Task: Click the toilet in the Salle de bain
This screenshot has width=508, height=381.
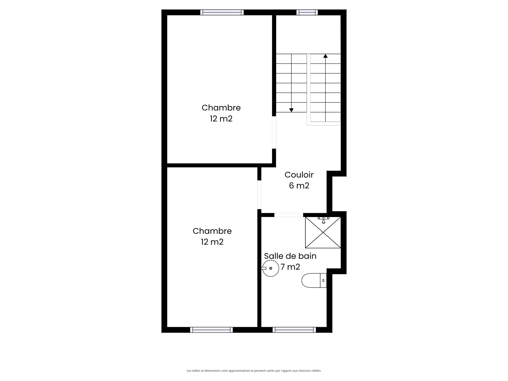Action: click(x=314, y=280)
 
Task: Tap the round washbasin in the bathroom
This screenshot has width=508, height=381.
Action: click(x=271, y=268)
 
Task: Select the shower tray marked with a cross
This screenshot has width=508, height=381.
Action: click(x=323, y=233)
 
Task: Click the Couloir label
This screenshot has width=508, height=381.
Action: click(x=299, y=175)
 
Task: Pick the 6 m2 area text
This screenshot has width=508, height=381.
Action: click(x=299, y=186)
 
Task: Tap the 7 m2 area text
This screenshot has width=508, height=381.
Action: click(x=290, y=267)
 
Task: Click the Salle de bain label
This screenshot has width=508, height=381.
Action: click(x=290, y=256)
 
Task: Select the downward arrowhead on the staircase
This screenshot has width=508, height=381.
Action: click(x=291, y=110)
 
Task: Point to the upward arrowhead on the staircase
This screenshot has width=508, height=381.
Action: click(x=325, y=56)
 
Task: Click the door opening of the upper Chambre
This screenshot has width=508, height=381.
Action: click(x=274, y=132)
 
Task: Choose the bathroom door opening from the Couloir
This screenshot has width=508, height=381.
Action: click(x=289, y=215)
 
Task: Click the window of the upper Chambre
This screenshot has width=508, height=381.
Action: click(x=222, y=12)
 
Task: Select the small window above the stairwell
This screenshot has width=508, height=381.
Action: click(x=307, y=12)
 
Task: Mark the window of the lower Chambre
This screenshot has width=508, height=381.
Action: click(x=211, y=330)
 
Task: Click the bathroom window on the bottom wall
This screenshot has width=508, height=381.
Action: click(x=294, y=330)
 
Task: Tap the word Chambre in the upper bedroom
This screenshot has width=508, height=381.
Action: click(x=221, y=108)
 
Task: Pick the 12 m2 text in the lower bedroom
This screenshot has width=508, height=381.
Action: click(x=212, y=242)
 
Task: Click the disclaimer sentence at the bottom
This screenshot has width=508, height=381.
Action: click(x=254, y=371)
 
